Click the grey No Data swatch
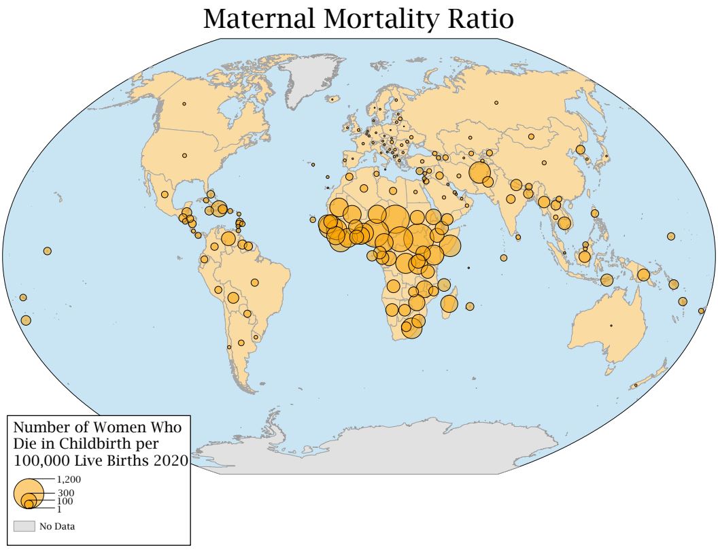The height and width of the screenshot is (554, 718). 24,526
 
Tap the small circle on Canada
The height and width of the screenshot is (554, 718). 184,104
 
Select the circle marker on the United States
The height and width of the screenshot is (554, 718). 184,156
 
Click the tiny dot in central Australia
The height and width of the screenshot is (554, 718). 611,326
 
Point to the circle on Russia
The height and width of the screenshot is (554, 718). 496,103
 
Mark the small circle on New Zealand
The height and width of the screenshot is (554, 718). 636,385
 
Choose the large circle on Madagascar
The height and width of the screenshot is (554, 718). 449,304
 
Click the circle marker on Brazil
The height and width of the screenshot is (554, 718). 255,282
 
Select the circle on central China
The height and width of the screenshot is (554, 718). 544,163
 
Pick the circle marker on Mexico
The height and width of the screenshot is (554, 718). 165,194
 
